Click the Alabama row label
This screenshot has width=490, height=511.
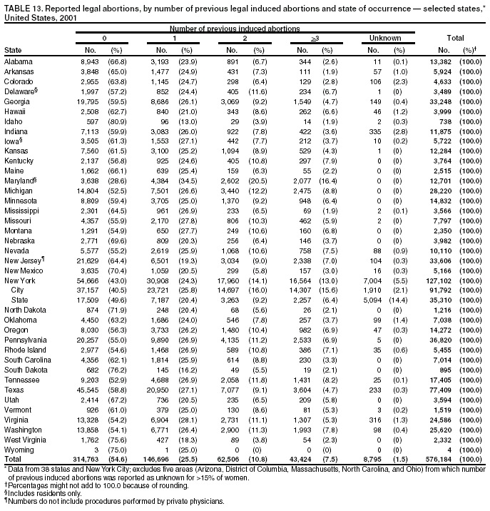(18, 61)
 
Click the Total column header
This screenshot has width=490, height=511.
(455, 38)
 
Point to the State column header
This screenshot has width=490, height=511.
(12, 51)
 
